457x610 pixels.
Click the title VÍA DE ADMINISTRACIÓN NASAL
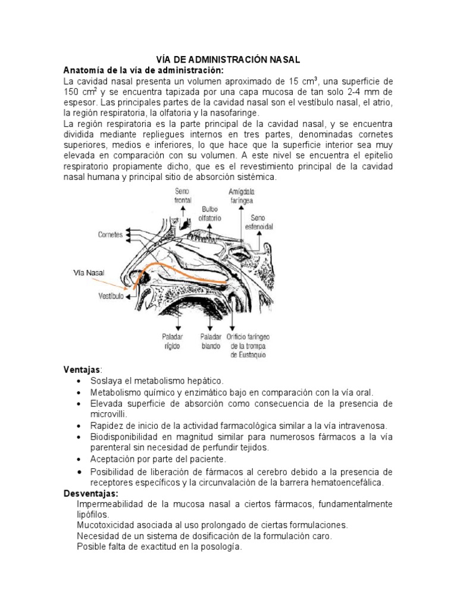228,60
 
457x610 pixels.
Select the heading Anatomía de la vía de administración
143,70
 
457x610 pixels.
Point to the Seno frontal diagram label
183,195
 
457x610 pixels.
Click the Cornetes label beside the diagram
110,235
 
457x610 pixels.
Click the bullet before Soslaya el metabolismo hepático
80,381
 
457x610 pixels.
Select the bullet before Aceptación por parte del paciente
80,460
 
